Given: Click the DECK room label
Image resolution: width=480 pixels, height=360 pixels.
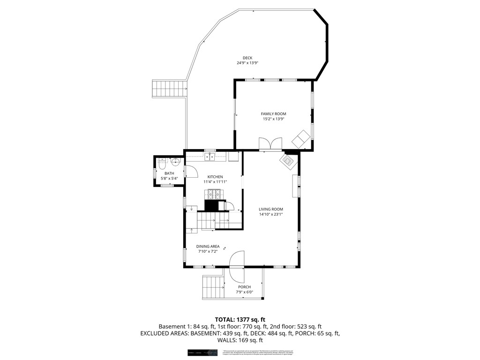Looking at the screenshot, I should tap(247, 58).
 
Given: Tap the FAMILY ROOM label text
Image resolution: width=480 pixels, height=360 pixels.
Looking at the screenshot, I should tap(273, 114).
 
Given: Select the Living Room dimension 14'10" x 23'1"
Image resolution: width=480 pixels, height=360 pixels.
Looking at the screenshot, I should tap(271, 214).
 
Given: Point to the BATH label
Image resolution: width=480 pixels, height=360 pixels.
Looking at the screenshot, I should tap(169, 173).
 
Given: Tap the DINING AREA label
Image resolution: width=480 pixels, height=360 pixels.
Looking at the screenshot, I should tap(208, 246).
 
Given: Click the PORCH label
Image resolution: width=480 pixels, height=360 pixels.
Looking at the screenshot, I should tap(244, 287).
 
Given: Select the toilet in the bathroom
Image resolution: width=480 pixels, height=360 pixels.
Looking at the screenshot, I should tap(162, 164).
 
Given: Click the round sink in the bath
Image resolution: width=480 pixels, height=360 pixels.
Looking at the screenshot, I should tap(174, 163).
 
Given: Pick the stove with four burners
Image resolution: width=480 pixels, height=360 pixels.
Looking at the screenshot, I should tap(213, 194).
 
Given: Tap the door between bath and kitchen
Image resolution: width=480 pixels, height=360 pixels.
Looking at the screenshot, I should tap(191, 172).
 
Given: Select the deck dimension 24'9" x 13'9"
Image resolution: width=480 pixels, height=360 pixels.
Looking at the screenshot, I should tap(247, 63).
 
